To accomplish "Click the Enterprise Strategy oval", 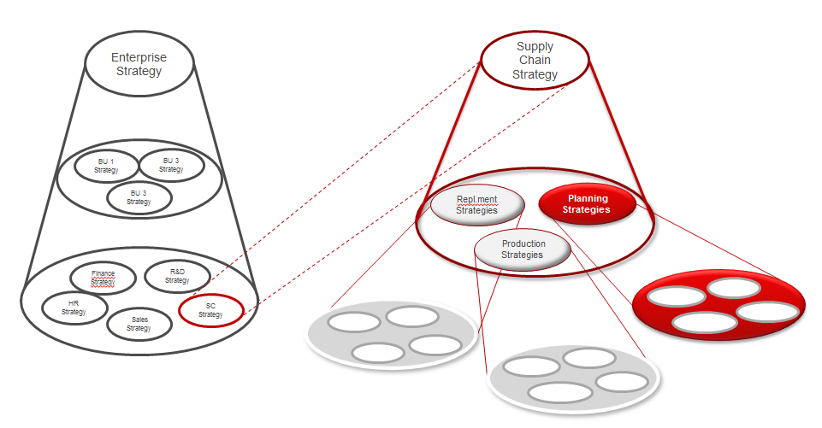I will (139, 65).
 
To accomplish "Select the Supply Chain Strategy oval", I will (535, 61).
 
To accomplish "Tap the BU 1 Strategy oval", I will (106, 165).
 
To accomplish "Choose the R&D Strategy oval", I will (177, 276).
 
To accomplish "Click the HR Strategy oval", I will (74, 308).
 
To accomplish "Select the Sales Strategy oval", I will (139, 323).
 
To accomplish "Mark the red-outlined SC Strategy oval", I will (210, 309).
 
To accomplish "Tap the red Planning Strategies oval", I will (588, 204).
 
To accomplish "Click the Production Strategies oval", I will (523, 249).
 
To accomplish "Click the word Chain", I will (535, 60).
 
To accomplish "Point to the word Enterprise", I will (139, 58).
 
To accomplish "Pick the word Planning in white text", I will (588, 198).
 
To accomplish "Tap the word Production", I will (523, 243).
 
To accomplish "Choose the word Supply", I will (535, 46).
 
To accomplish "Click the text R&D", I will (177, 272).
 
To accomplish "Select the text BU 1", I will (106, 161).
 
